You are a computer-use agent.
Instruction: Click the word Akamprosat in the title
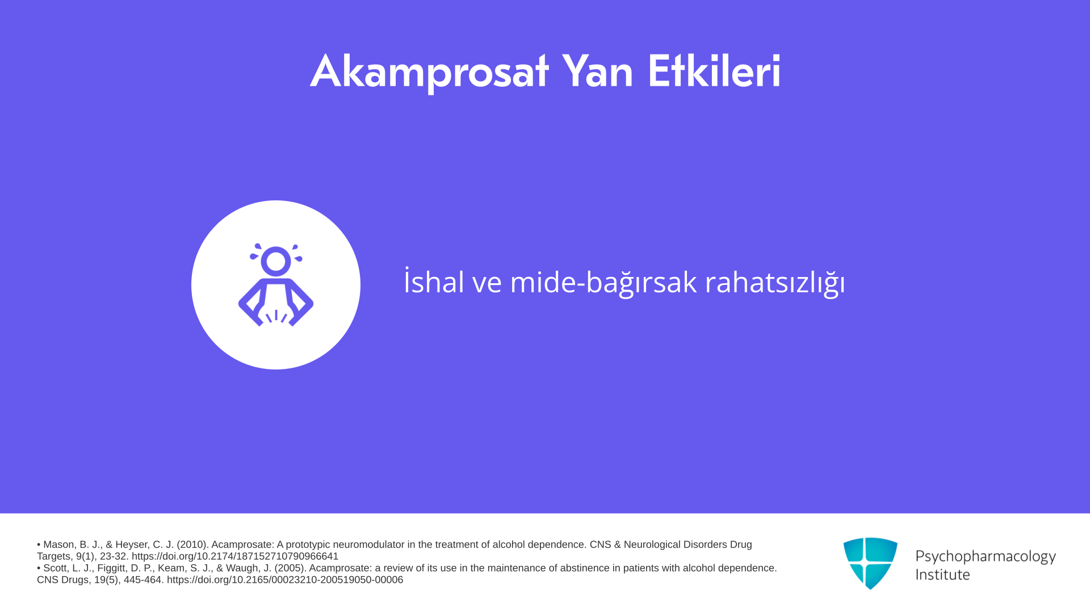point(429,72)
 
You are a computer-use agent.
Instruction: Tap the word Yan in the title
point(597,71)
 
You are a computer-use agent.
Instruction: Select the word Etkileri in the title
point(714,71)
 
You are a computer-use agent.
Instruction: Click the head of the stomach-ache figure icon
point(276,261)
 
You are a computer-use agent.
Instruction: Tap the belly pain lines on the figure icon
point(276,316)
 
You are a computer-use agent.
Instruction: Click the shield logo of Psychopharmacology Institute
point(870,563)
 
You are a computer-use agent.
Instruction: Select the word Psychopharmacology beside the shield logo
point(986,557)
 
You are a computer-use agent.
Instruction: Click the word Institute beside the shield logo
point(942,574)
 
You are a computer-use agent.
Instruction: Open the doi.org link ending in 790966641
point(235,556)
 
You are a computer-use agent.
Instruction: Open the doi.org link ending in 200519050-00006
point(285,580)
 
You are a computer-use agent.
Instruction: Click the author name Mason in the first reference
point(58,544)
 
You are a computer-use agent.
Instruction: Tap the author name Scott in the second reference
point(55,568)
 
